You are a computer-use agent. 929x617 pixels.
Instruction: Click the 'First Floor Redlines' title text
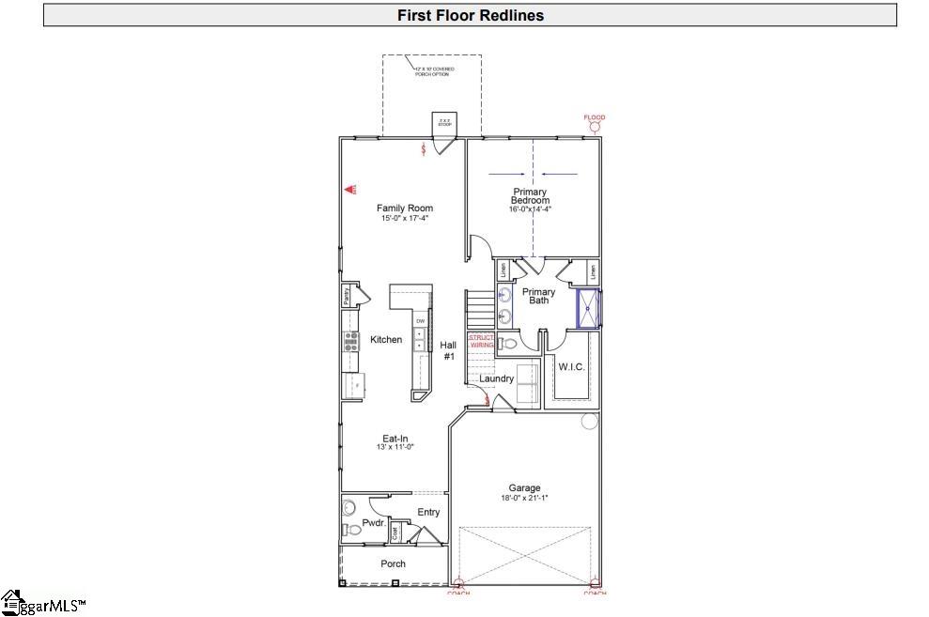(x=470, y=15)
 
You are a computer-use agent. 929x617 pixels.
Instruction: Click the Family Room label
(x=405, y=208)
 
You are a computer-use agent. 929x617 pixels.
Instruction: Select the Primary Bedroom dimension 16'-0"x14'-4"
(x=530, y=209)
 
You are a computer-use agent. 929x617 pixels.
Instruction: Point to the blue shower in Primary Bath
(x=589, y=309)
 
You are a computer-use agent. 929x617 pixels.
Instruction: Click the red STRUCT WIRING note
(x=481, y=341)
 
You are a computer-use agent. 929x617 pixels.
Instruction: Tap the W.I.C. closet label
(x=571, y=367)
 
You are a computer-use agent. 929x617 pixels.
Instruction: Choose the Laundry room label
(x=496, y=378)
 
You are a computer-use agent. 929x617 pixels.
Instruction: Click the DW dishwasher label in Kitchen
(x=420, y=322)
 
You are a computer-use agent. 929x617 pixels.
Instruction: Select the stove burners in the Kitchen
(x=351, y=341)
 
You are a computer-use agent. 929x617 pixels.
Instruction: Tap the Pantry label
(x=347, y=296)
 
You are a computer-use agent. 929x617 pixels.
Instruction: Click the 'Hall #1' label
(x=448, y=350)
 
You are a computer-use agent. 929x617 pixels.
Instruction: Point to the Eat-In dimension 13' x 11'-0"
(x=395, y=447)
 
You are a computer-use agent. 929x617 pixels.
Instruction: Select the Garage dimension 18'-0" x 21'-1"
(x=524, y=498)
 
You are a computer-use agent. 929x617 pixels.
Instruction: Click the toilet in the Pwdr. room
(x=352, y=531)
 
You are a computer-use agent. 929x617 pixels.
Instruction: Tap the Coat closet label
(x=395, y=532)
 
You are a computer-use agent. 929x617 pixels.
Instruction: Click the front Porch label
(x=393, y=563)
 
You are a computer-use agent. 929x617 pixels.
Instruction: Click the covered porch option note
(x=432, y=70)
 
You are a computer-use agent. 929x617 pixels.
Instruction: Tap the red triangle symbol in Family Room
(x=349, y=189)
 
